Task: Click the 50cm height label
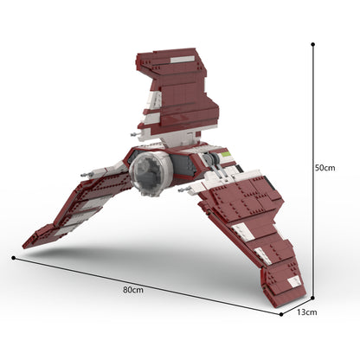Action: (x=325, y=168)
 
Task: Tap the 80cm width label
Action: (x=132, y=289)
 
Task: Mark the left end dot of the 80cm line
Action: (x=13, y=257)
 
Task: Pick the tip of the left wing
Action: (x=27, y=244)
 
